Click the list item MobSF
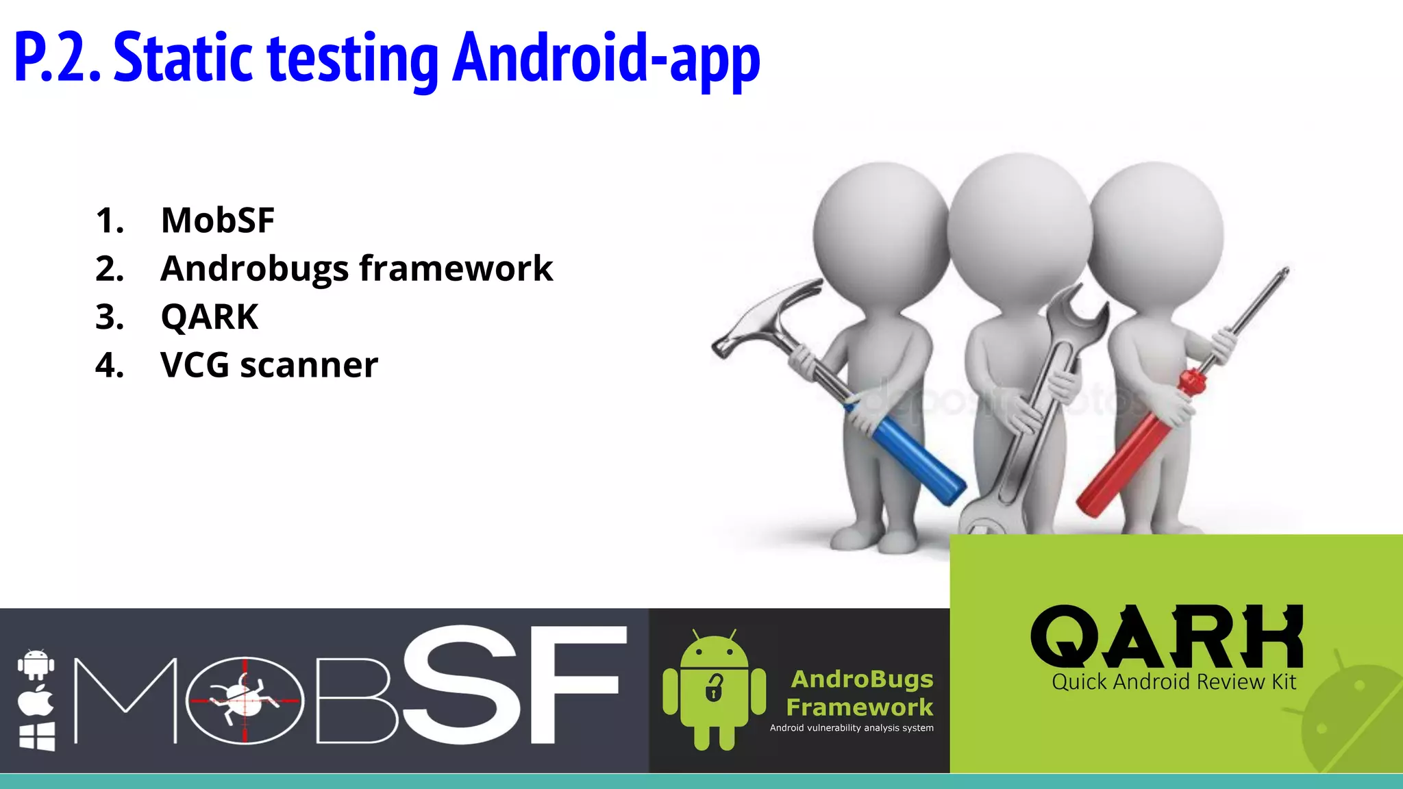point(217,221)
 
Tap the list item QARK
point(209,317)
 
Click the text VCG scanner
point(269,365)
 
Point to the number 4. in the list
point(110,365)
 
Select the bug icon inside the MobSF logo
point(244,699)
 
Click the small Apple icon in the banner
point(36,700)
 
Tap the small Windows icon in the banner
point(36,737)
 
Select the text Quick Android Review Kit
point(1174,682)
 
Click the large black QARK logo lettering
point(1166,636)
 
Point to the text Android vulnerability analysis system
point(852,728)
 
